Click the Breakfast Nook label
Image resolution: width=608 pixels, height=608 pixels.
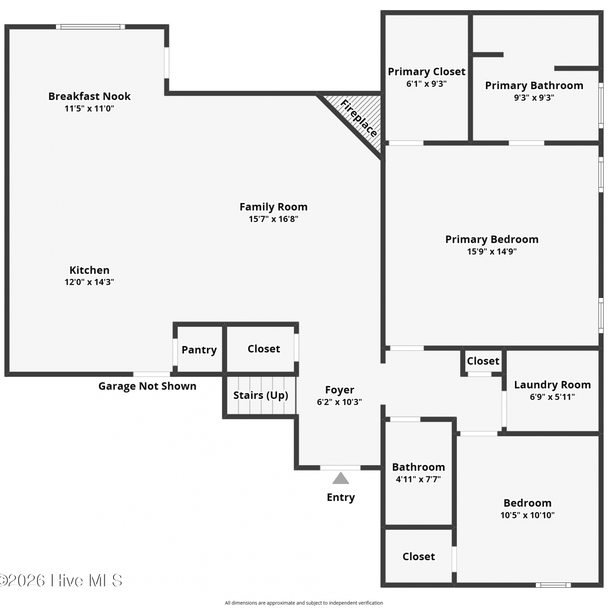click(90, 96)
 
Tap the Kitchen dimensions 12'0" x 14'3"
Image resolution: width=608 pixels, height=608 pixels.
click(89, 282)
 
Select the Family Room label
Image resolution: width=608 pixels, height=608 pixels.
click(274, 207)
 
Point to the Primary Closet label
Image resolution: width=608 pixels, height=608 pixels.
click(427, 72)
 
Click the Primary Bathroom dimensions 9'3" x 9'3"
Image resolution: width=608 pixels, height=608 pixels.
click(534, 98)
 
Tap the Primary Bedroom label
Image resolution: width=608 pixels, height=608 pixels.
click(492, 240)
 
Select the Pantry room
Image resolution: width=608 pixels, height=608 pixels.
click(199, 349)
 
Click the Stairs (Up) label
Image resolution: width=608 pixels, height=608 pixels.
click(261, 395)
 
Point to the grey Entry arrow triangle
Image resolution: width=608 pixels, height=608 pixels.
click(341, 479)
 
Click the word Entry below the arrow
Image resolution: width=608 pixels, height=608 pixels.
click(341, 497)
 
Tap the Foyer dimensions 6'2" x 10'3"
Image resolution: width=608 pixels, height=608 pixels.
click(340, 402)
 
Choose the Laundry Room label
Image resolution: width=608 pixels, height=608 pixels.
click(552, 385)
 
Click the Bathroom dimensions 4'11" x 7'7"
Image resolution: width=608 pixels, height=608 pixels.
click(418, 479)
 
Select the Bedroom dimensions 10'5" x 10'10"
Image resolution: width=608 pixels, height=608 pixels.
click(527, 515)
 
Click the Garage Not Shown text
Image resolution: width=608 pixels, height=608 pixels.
click(148, 386)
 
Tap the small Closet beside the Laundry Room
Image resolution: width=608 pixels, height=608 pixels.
click(483, 361)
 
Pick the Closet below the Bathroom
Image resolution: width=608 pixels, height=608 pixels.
click(419, 557)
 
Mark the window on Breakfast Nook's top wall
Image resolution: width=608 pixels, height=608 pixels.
click(90, 27)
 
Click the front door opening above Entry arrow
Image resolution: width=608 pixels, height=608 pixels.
click(340, 468)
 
